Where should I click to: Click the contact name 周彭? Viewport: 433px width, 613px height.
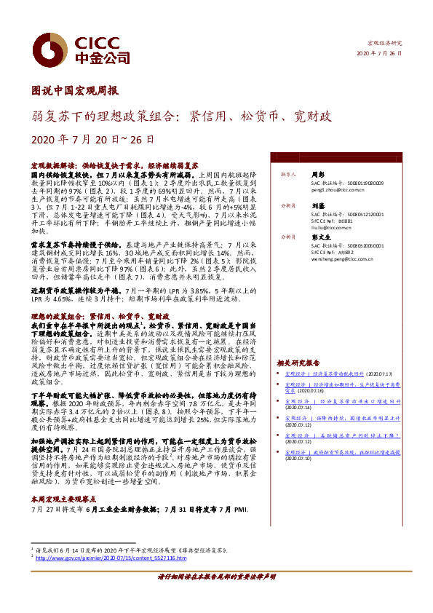coord(317,175)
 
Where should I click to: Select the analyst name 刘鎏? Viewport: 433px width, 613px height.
coord(317,206)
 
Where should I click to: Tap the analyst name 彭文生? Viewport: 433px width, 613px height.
coord(319,237)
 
